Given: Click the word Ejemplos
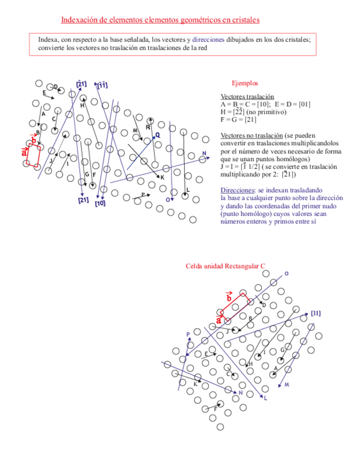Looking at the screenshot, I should [x=245, y=83].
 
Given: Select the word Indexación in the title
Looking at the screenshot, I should [x=78, y=20].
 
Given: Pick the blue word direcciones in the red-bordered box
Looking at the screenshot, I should [x=209, y=40].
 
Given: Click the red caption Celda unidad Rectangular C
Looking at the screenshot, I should [x=226, y=267].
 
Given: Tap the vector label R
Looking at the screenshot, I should [x=148, y=127].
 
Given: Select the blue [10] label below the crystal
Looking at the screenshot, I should [x=100, y=203].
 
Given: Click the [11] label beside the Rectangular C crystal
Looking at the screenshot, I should [x=315, y=313].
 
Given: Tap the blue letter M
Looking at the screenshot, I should [x=286, y=385].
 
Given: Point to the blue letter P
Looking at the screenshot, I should [x=188, y=334].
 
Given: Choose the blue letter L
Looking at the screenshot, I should [x=265, y=398].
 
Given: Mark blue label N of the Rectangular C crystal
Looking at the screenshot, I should [x=240, y=392].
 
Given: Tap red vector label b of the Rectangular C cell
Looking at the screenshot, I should [x=229, y=297].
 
